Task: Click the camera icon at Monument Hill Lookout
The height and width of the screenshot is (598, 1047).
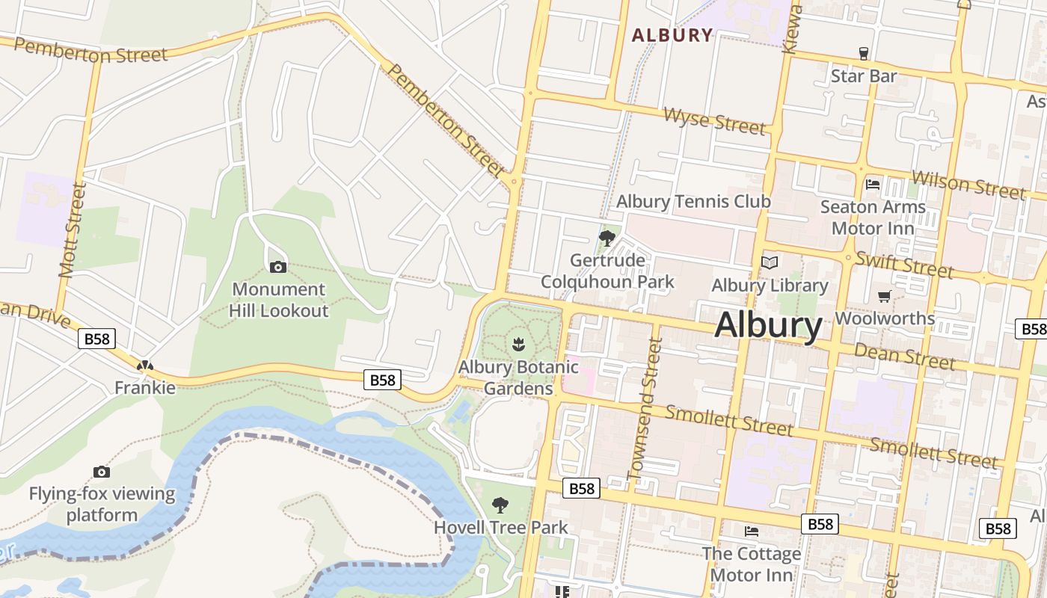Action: click(277, 267)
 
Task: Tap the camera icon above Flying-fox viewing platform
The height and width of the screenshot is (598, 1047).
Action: click(102, 472)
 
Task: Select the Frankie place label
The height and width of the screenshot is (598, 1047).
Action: click(145, 387)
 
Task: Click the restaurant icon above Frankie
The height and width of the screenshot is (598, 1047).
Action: click(145, 366)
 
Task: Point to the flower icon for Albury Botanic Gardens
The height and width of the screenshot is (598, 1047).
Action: click(518, 345)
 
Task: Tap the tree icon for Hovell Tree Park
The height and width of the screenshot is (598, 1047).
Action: click(500, 505)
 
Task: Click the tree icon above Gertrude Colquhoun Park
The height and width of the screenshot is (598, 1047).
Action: click(607, 238)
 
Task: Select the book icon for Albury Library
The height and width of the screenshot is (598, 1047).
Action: click(770, 262)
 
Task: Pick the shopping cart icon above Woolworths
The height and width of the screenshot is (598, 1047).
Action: click(884, 296)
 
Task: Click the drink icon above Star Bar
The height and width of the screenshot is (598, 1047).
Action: click(864, 54)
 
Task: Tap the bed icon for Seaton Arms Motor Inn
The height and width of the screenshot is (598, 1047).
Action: click(872, 184)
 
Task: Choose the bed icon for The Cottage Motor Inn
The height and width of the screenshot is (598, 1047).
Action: click(752, 531)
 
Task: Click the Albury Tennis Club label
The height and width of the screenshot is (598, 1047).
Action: click(693, 201)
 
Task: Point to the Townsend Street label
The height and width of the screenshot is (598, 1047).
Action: click(645, 409)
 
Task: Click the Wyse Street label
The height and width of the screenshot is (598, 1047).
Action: click(715, 121)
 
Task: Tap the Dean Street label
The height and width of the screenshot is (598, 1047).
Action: click(905, 356)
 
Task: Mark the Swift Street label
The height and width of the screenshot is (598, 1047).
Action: click(904, 264)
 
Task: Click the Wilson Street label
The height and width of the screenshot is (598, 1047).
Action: click(968, 184)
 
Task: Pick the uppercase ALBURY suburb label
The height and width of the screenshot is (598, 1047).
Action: click(672, 35)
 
